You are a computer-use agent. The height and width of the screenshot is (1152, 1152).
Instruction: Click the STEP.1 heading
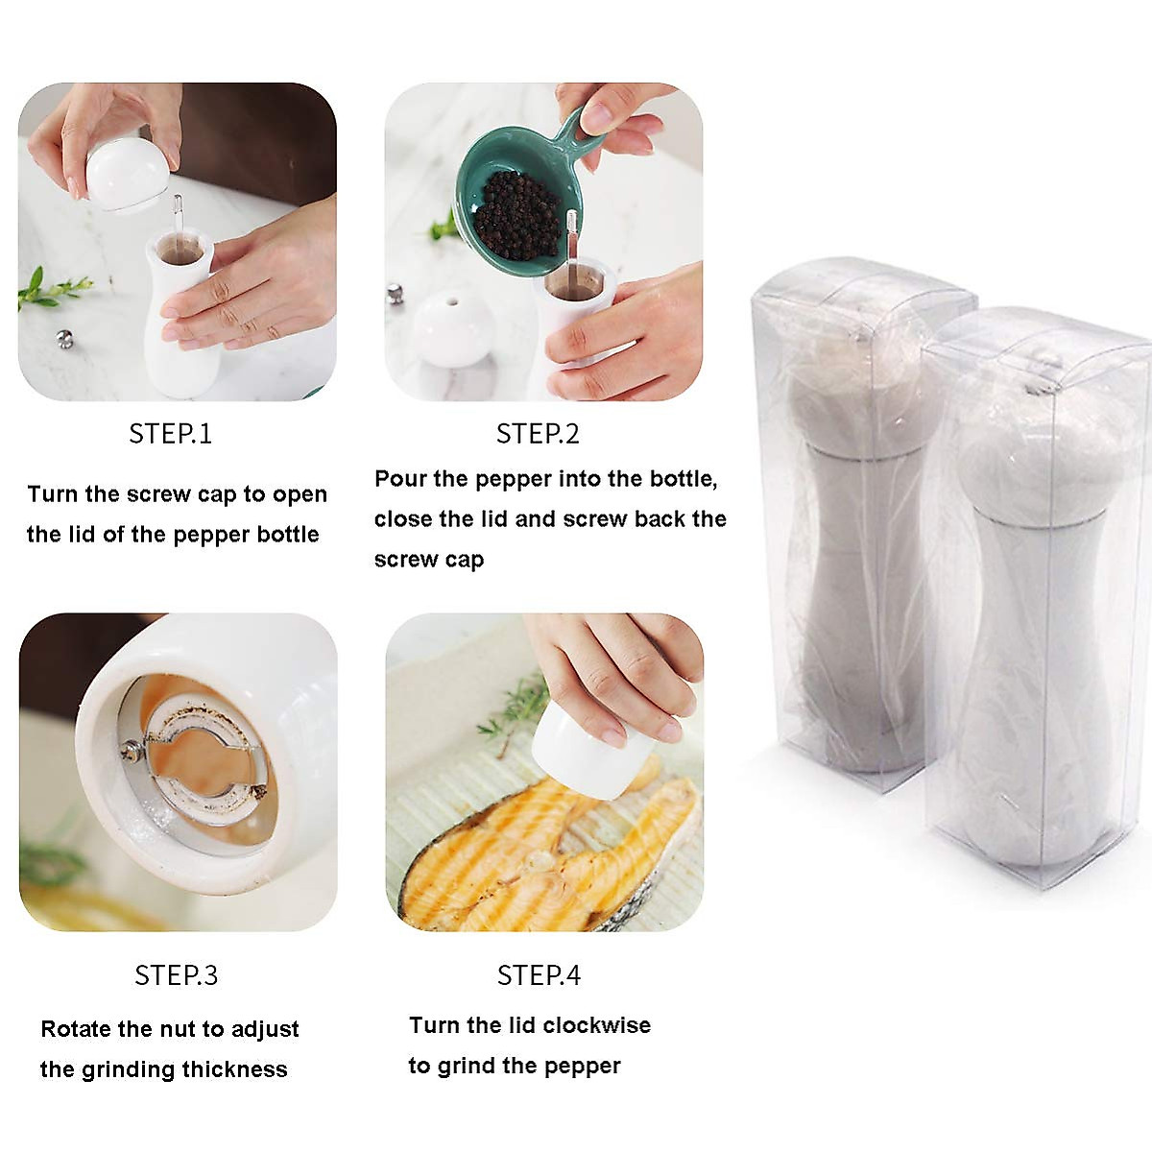[170, 434]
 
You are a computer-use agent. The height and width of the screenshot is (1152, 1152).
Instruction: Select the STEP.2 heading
[538, 434]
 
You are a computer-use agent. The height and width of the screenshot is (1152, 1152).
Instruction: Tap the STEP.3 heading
[176, 975]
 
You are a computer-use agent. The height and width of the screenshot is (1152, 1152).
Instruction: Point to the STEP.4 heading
[539, 975]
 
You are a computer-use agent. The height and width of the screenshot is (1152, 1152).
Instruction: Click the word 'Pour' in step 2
[400, 479]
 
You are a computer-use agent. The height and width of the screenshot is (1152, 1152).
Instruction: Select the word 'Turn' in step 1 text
[52, 494]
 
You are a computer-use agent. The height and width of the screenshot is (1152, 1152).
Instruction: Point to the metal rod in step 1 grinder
[178, 215]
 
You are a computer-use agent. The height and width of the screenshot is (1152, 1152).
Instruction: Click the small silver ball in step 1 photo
[64, 338]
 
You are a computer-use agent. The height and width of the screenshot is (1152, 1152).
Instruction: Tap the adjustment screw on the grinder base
[132, 751]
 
